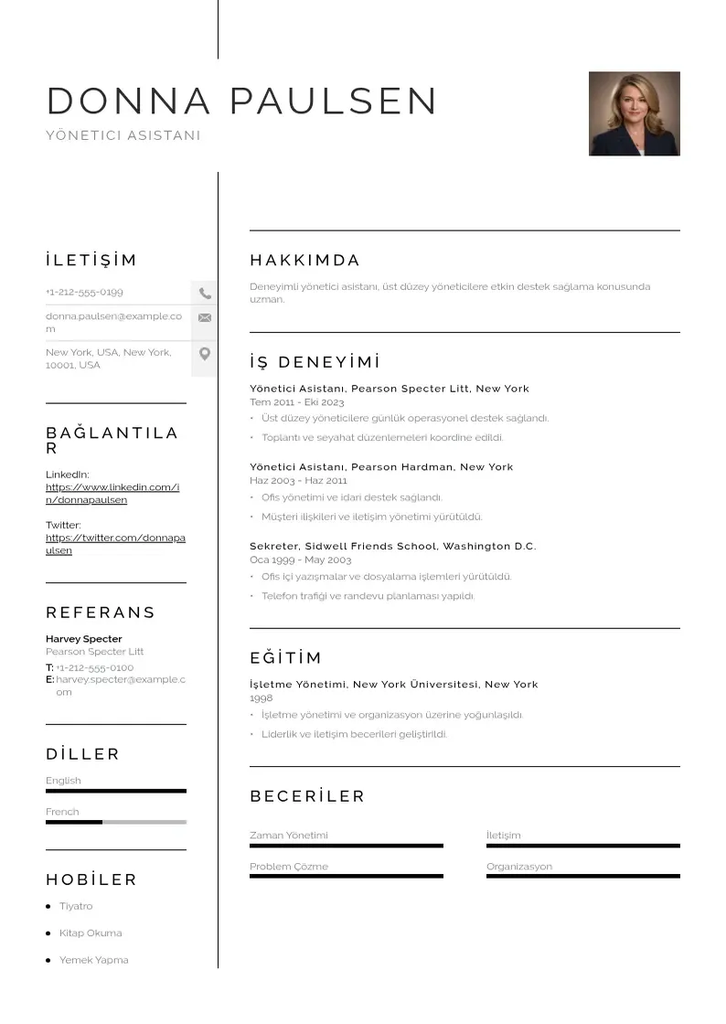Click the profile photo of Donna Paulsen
(634, 113)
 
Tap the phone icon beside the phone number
(205, 293)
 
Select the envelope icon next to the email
(205, 318)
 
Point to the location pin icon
(205, 354)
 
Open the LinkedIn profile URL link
(112, 494)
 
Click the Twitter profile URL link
(115, 544)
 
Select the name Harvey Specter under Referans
(83, 639)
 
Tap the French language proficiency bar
(115, 822)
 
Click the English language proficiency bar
(115, 791)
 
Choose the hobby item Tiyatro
(76, 906)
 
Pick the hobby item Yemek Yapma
(93, 960)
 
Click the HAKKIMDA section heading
(304, 261)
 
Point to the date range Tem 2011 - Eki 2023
(296, 402)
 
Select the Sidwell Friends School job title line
(392, 546)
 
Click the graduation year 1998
(261, 698)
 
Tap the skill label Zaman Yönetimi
(288, 835)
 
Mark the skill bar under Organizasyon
(582, 876)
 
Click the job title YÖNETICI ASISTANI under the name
(123, 135)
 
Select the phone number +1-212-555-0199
(84, 292)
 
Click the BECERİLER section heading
(307, 796)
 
